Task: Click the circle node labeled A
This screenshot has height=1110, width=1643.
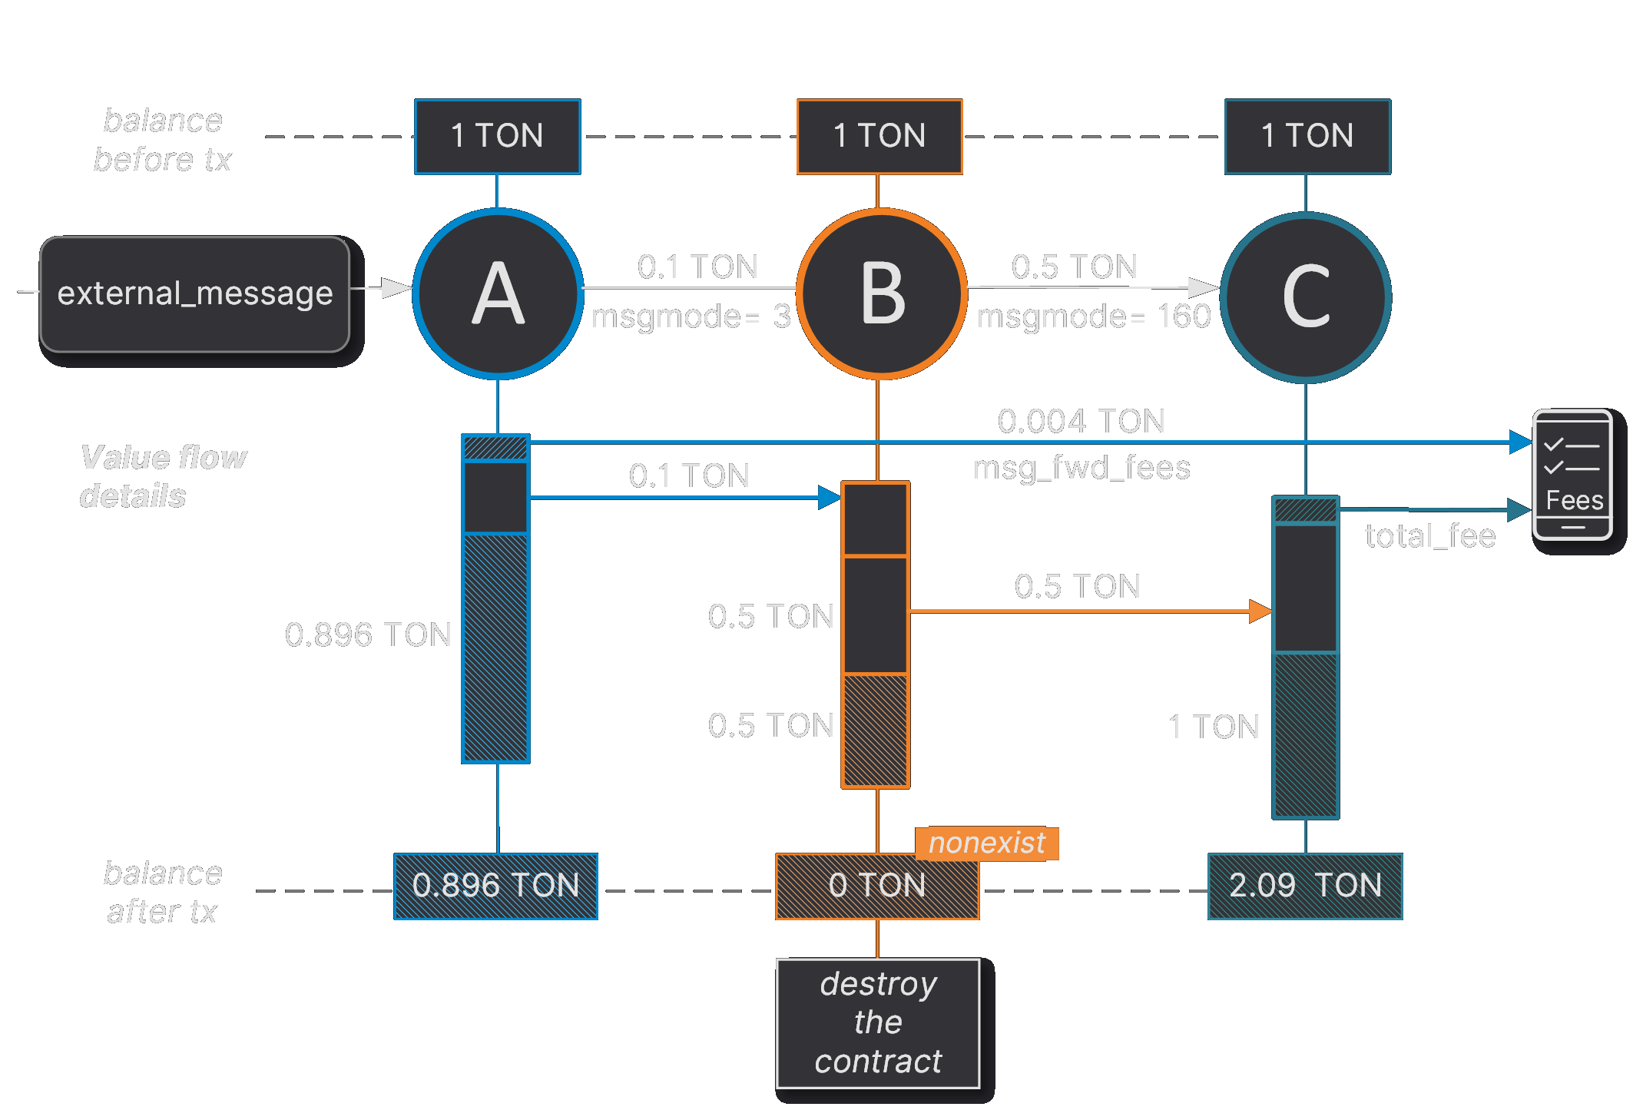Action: click(498, 294)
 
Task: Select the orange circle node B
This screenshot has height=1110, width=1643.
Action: click(881, 294)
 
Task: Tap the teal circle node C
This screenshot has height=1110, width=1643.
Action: click(1305, 298)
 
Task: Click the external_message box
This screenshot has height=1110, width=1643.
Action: click(195, 294)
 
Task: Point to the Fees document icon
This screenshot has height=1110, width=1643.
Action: click(1572, 475)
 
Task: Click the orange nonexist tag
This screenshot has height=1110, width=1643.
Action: click(986, 843)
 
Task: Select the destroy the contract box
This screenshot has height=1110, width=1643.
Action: click(877, 1023)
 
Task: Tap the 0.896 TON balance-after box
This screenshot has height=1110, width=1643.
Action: click(495, 886)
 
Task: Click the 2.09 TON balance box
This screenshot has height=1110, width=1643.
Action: click(1304, 886)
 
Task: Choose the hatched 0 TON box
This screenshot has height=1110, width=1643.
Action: click(876, 886)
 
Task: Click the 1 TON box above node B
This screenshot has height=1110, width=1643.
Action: click(879, 137)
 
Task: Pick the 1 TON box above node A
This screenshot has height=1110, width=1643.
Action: click(497, 137)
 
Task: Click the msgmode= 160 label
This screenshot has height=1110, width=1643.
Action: click(1093, 316)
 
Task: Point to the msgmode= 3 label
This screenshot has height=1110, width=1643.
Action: click(691, 316)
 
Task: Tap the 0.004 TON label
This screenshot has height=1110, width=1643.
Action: click(1081, 421)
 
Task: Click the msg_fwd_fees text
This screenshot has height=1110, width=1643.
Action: click(1081, 468)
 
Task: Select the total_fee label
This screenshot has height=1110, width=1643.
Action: click(1429, 536)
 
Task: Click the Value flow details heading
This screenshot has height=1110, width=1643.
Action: click(162, 476)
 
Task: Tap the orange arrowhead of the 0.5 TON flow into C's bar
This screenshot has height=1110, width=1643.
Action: click(1260, 611)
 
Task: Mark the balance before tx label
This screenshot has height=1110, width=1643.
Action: click(162, 140)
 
